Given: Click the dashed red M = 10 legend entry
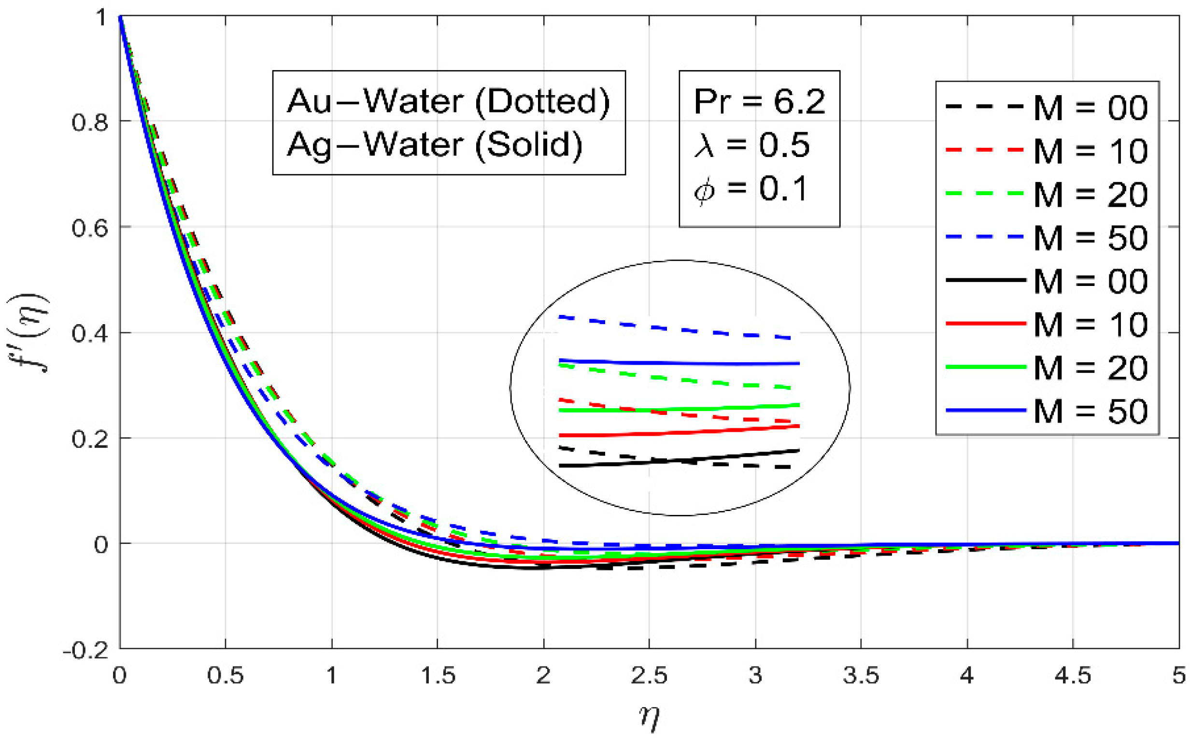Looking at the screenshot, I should tap(1047, 151).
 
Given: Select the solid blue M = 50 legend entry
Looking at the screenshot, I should tap(1047, 410).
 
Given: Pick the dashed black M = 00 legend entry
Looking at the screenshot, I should tap(1047, 107).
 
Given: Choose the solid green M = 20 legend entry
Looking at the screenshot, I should tap(1047, 367).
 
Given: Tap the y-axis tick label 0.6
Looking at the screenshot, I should tap(89, 228).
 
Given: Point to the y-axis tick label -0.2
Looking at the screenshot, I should tap(85, 651).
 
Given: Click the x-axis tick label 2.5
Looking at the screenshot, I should tap(649, 676).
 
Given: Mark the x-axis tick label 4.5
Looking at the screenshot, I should tap(1073, 676).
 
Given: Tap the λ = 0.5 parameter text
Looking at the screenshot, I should tap(751, 145).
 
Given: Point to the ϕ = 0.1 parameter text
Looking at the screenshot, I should tap(751, 189).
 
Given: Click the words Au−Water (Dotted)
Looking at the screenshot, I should tap(448, 102).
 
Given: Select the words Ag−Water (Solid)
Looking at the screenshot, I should tap(435, 145).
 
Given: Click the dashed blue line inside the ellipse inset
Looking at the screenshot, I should tap(675, 327).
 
